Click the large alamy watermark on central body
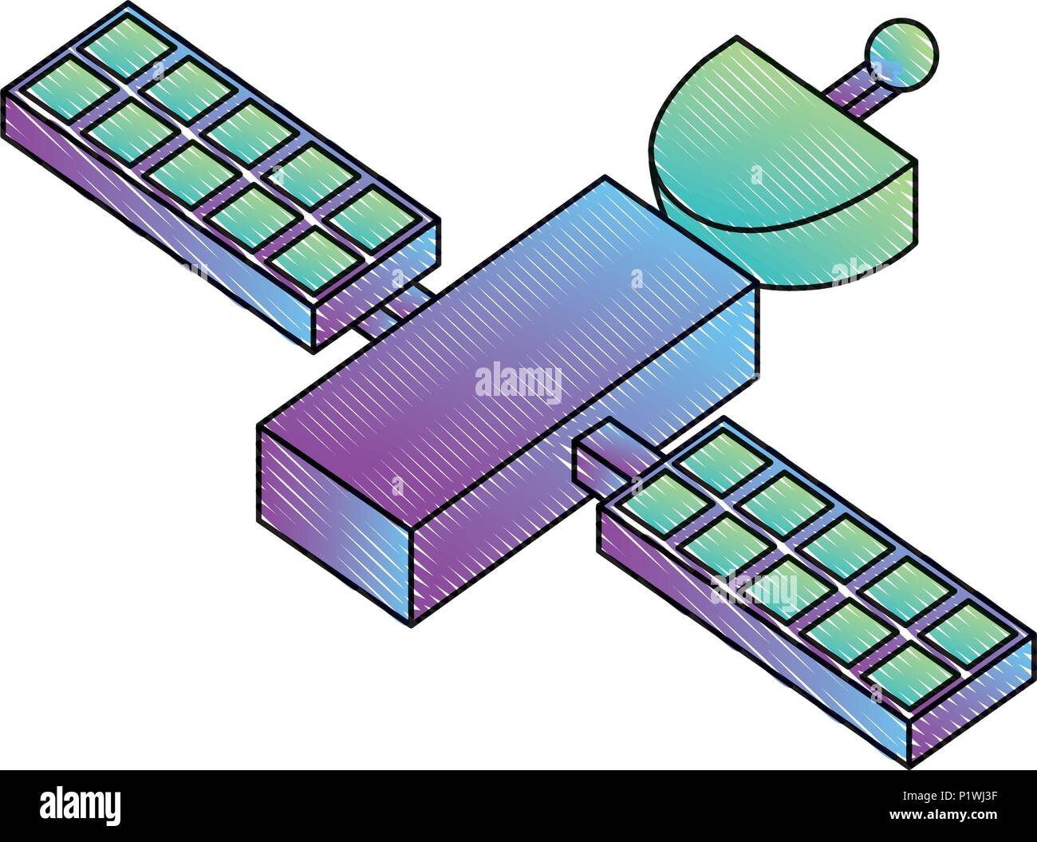[x=518, y=383]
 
